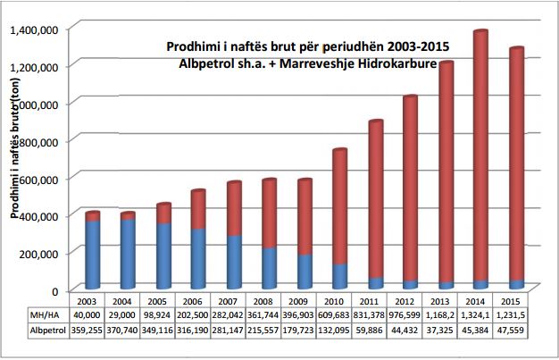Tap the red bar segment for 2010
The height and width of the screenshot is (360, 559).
tap(340, 205)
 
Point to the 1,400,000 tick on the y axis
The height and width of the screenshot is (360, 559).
tap(33, 29)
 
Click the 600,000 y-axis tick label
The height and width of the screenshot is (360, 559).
tap(37, 179)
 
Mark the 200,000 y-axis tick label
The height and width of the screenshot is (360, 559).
tap(37, 254)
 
